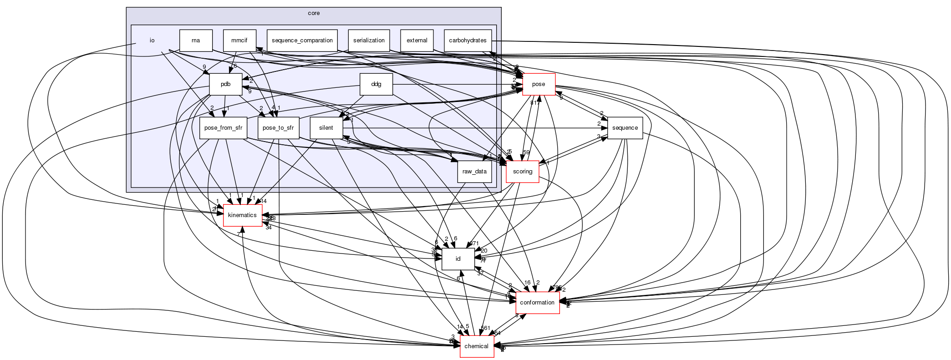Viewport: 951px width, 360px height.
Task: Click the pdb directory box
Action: tap(225, 84)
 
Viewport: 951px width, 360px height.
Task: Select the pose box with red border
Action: tap(539, 84)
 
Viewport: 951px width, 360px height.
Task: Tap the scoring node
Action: tap(522, 172)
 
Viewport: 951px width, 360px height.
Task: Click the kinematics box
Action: tap(242, 215)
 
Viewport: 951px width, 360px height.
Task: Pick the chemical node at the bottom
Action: tap(477, 346)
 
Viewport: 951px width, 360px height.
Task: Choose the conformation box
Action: tap(537, 303)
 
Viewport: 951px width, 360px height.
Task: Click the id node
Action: tap(458, 259)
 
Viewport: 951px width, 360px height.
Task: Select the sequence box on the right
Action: tap(625, 128)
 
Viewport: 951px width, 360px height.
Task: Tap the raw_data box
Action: tap(474, 172)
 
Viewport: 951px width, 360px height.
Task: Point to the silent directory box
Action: tap(326, 128)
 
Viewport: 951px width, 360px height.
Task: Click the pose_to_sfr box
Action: tap(278, 128)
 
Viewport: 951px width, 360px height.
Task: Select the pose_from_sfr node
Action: tap(223, 128)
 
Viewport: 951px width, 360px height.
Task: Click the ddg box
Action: tap(376, 84)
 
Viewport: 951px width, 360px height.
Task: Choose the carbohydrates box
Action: tap(468, 41)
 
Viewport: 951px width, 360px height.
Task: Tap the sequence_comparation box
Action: tap(302, 41)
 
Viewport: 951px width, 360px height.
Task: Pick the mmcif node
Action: tap(239, 41)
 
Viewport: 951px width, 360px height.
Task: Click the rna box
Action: tap(196, 41)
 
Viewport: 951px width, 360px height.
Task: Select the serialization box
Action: tap(369, 41)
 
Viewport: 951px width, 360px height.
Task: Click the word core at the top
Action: tap(313, 13)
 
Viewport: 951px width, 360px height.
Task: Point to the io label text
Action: tap(152, 41)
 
